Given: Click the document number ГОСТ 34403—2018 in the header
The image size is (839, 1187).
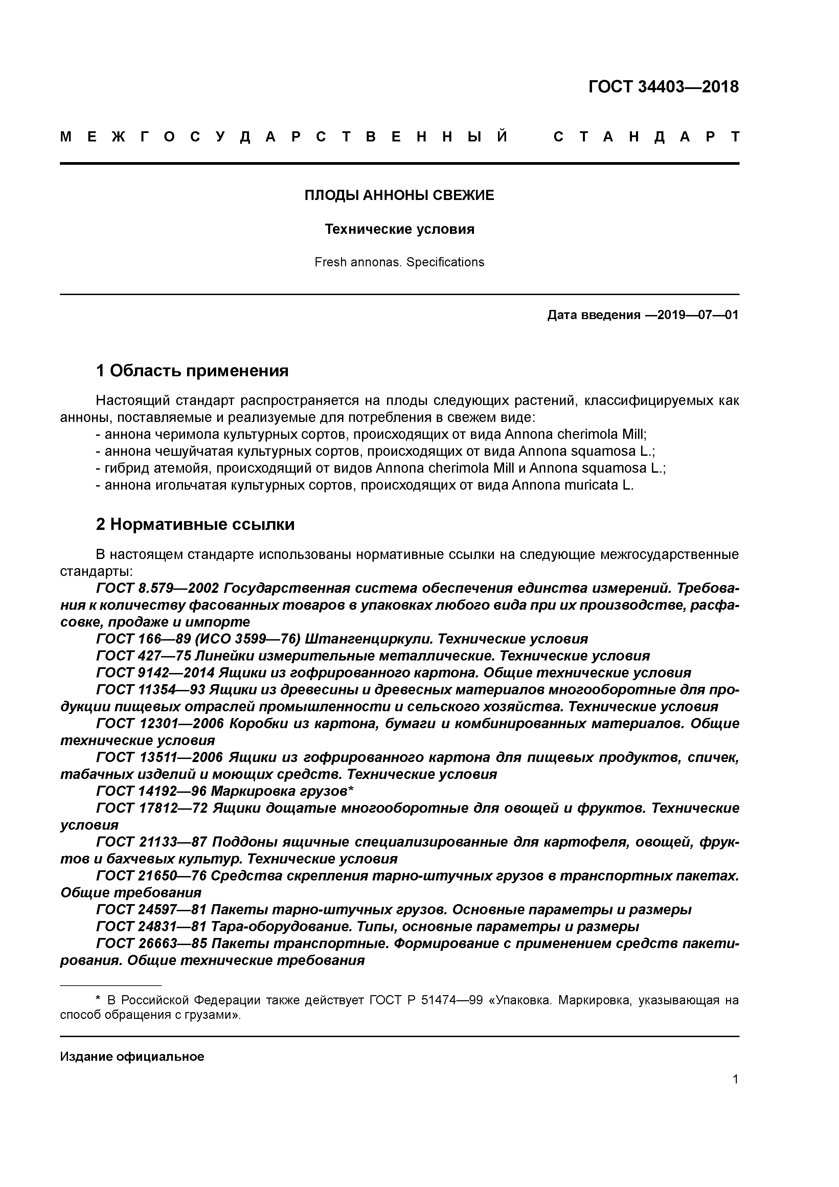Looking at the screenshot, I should [663, 87].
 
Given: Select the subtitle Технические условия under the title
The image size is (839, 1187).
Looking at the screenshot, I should [399, 229].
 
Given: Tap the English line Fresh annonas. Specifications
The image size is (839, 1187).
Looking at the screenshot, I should [399, 263].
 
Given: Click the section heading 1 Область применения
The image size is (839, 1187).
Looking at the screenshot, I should [192, 371].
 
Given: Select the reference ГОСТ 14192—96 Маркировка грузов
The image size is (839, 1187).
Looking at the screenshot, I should [224, 791].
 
